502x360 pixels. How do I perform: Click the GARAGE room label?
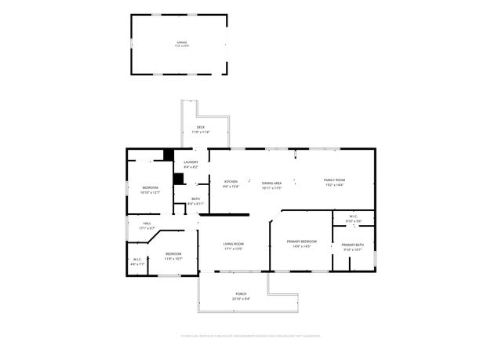[x=181, y=43]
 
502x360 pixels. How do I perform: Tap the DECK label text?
[x=200, y=127]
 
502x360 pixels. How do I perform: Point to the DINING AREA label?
[x=271, y=183]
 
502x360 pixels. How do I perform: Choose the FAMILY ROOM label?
[x=334, y=180]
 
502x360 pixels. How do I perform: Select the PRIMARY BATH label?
[x=352, y=245]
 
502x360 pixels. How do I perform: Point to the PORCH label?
[x=241, y=294]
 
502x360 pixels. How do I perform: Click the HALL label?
[x=147, y=224]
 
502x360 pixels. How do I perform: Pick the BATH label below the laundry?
[x=196, y=199]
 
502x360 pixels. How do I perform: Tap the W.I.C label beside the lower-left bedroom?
[x=136, y=260]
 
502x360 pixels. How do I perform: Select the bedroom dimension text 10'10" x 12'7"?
[x=151, y=191]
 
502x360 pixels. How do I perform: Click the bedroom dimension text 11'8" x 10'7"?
[x=173, y=258]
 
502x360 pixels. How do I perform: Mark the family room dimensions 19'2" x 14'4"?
[x=334, y=185]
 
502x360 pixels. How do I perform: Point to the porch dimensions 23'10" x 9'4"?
[x=241, y=299]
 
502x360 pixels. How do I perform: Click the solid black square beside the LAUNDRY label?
[x=168, y=155]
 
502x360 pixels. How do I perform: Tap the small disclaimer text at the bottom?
[x=251, y=336]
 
